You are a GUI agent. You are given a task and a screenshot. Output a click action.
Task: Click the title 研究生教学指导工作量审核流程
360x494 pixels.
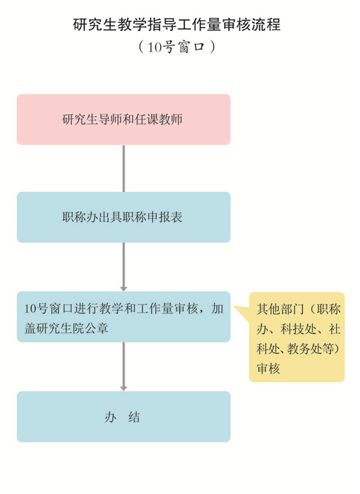(177, 25)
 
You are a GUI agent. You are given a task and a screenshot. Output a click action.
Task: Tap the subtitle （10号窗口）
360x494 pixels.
(177, 47)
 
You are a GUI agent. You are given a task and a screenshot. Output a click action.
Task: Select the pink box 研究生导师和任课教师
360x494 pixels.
(124, 119)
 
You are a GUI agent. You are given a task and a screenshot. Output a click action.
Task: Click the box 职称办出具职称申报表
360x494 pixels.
(124, 217)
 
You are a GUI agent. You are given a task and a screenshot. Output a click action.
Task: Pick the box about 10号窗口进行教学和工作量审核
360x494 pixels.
(124, 317)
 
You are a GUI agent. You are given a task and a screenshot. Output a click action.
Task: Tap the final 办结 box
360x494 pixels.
(124, 417)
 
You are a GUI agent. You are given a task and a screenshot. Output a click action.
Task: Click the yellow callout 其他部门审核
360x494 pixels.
(297, 337)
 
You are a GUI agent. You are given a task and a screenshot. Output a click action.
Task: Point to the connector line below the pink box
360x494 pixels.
(124, 168)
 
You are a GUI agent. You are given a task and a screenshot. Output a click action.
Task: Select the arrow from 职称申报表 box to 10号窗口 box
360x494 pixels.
(124, 267)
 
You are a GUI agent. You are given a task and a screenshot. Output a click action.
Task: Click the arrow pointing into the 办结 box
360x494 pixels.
(124, 367)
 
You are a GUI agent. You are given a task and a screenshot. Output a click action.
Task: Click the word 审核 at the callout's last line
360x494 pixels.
(268, 368)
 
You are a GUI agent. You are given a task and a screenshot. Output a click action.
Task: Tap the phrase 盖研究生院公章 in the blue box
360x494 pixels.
(66, 328)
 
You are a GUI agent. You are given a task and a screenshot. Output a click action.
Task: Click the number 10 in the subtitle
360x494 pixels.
(154, 47)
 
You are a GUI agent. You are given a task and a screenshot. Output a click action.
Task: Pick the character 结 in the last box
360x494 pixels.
(134, 417)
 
